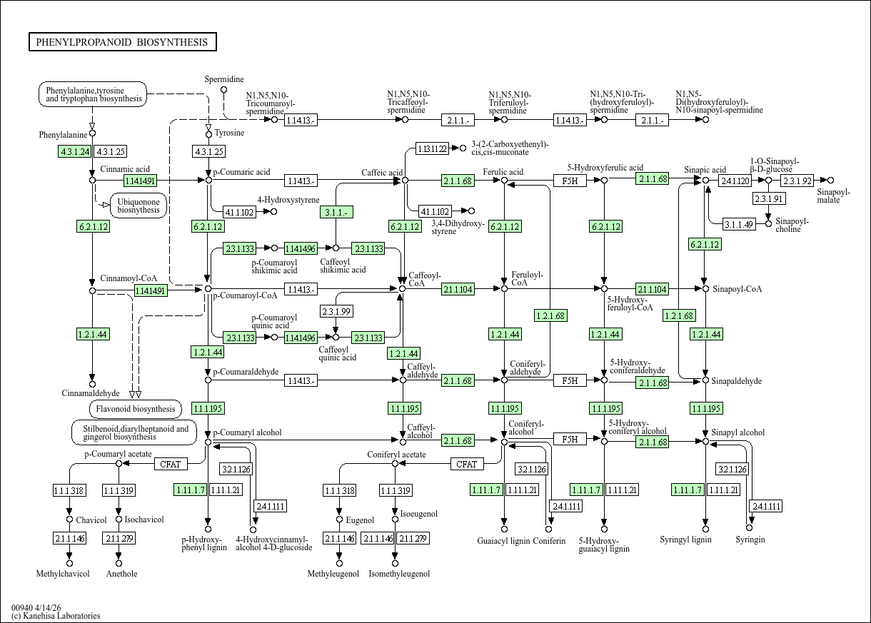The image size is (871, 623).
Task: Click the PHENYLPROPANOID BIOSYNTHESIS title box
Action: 123,42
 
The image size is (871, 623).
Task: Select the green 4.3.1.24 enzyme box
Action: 75,151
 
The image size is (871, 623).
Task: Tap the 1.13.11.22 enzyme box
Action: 433,148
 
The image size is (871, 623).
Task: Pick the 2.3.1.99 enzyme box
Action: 336,311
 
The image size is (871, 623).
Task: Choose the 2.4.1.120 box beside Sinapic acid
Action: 735,181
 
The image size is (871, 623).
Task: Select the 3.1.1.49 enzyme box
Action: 738,224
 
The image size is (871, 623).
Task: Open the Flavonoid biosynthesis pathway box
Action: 136,409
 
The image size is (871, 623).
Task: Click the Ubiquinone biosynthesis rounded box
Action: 139,206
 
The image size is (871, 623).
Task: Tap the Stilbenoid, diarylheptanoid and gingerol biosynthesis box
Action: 134,432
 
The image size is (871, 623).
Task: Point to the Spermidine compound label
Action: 223,79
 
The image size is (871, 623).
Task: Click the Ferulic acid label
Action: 503,172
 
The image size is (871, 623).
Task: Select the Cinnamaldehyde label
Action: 91,393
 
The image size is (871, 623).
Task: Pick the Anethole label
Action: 121,574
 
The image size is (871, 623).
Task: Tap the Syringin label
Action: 750,540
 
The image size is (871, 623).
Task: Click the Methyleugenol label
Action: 333,574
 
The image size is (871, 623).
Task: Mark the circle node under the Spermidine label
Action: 223,90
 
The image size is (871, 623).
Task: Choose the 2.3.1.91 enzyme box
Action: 768,199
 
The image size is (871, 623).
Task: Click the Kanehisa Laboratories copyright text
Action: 56,616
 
